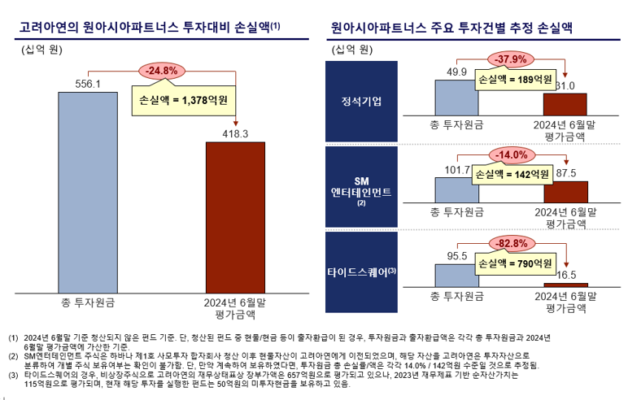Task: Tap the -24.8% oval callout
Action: tap(161, 71)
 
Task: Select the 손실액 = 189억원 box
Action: tap(514, 80)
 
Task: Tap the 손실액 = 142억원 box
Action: tap(514, 174)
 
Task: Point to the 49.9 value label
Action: tap(456, 73)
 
